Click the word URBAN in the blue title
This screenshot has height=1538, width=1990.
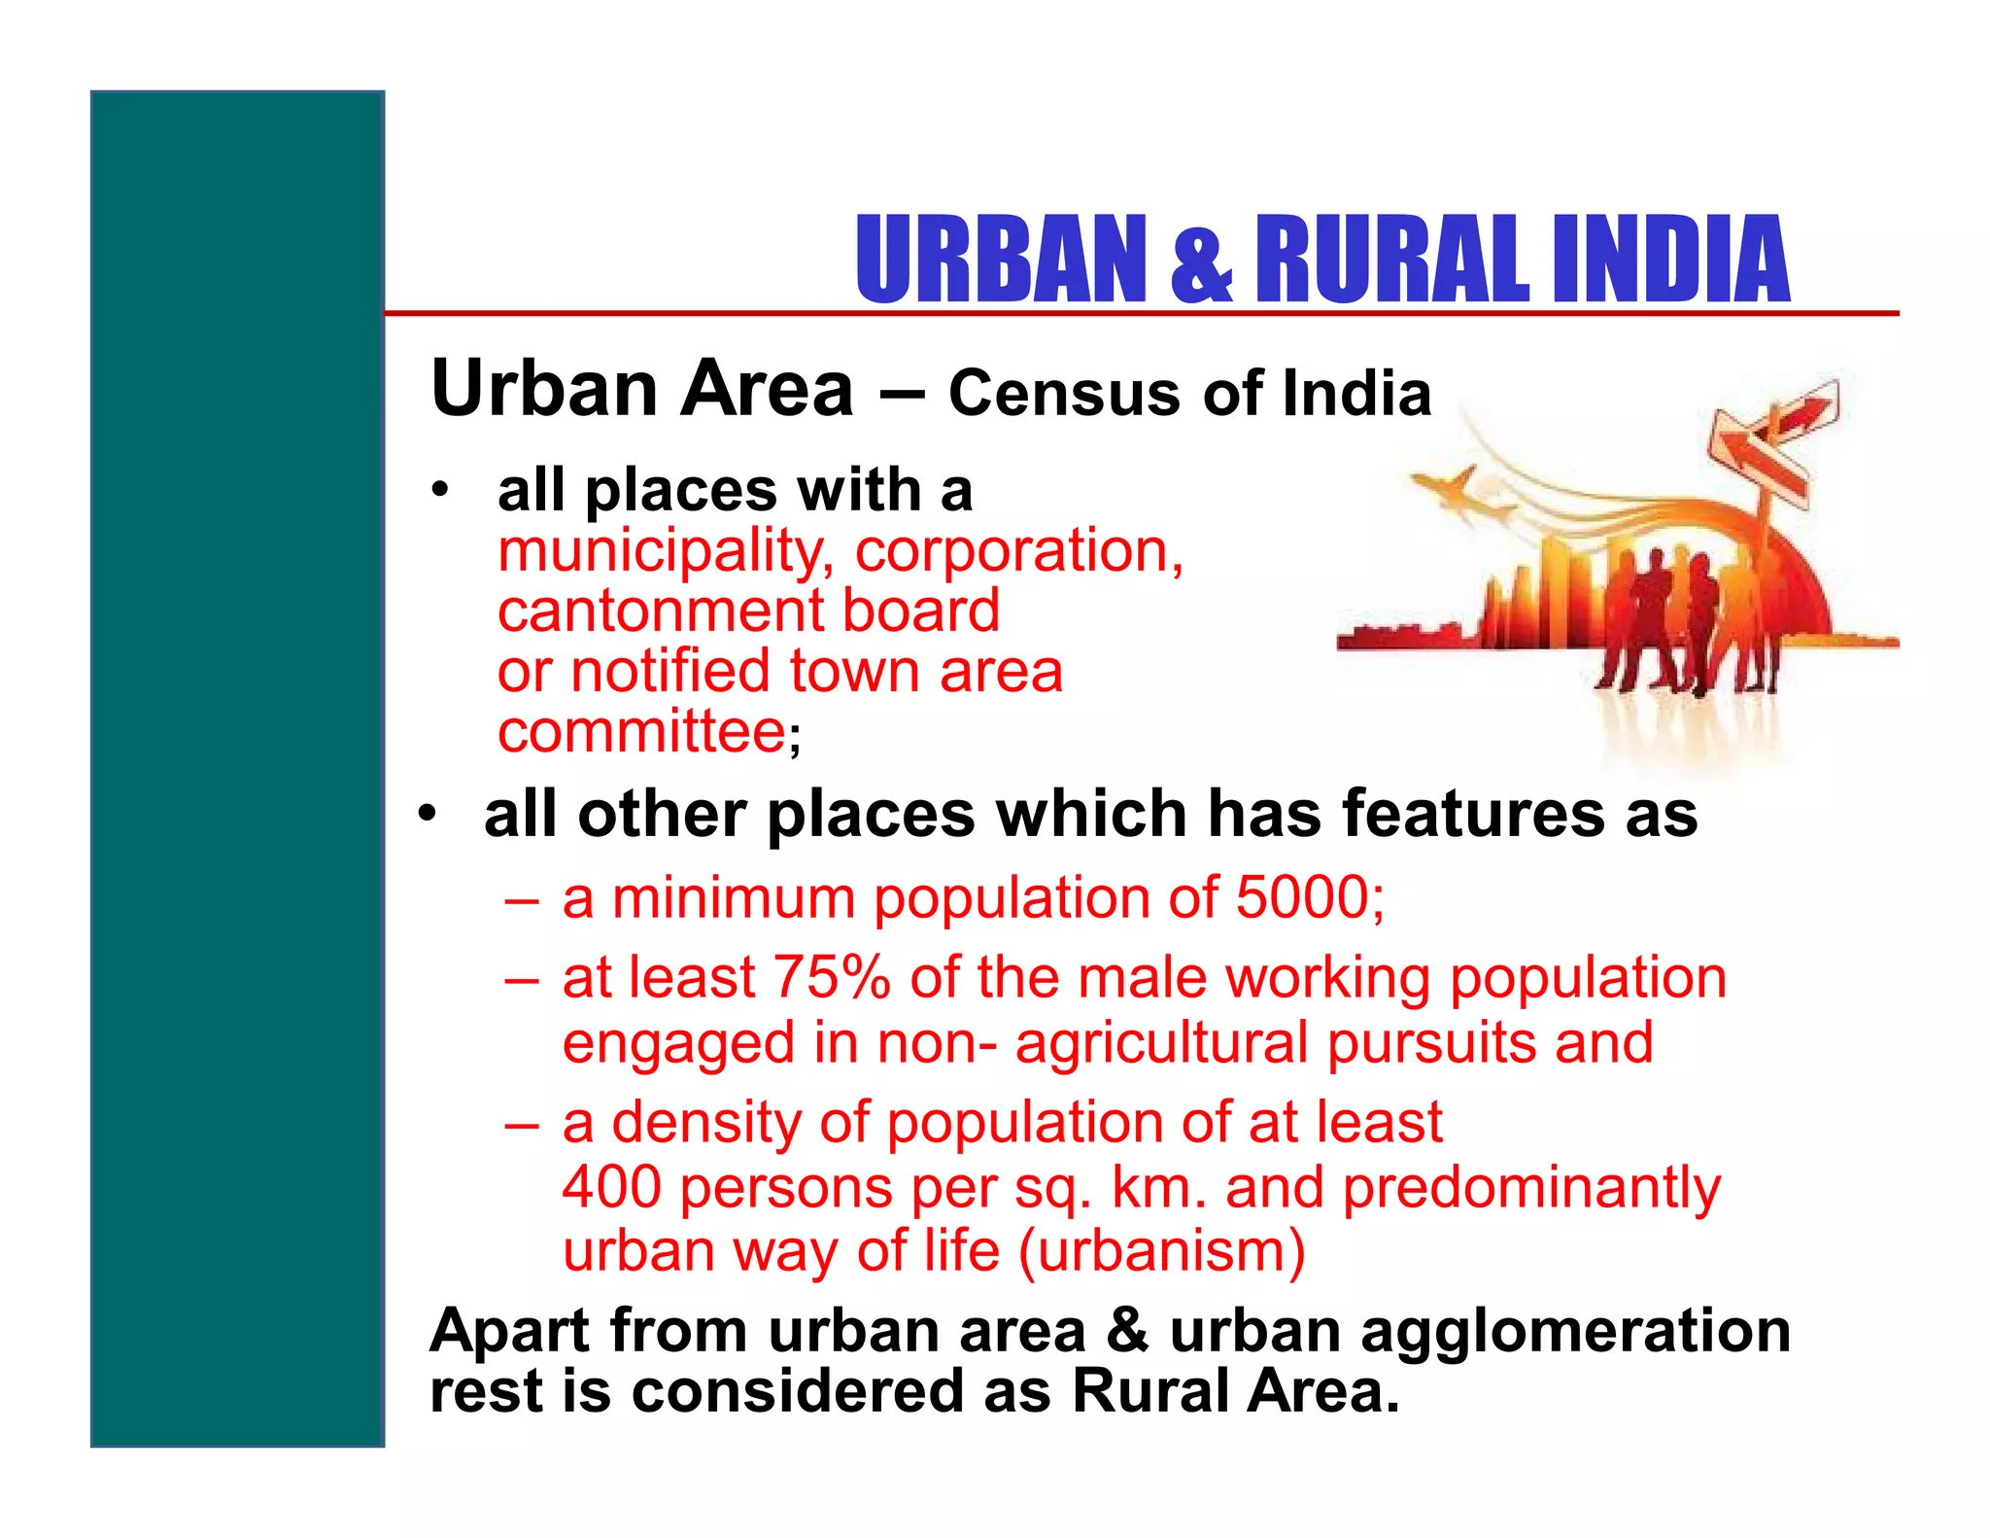coord(1002,260)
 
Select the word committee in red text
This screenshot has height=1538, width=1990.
coord(641,731)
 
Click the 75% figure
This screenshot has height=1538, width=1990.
coord(832,977)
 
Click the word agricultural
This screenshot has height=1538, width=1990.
coord(1162,1043)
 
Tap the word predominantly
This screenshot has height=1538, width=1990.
coord(1531,1188)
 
